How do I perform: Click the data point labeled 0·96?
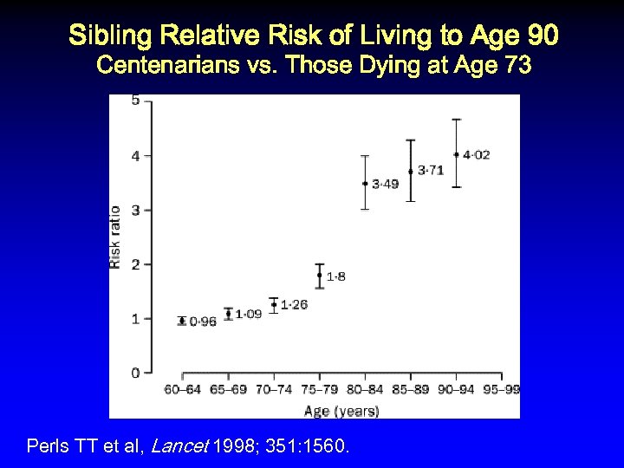point(182,321)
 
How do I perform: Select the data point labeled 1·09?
point(228,314)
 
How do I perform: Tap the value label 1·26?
point(295,304)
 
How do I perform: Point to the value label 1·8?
point(336,276)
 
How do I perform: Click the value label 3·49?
point(386,184)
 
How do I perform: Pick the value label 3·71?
point(431,171)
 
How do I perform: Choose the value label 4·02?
point(477,155)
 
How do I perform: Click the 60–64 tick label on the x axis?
point(183,390)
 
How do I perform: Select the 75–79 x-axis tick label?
point(319,390)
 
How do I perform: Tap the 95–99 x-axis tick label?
point(501,390)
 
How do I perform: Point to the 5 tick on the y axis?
point(135,101)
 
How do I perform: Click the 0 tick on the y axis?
point(135,373)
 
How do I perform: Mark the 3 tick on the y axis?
point(135,210)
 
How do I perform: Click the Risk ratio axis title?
point(115,236)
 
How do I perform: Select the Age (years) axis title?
point(341,411)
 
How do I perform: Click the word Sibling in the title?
point(108,36)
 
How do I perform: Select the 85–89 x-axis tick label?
point(410,390)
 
